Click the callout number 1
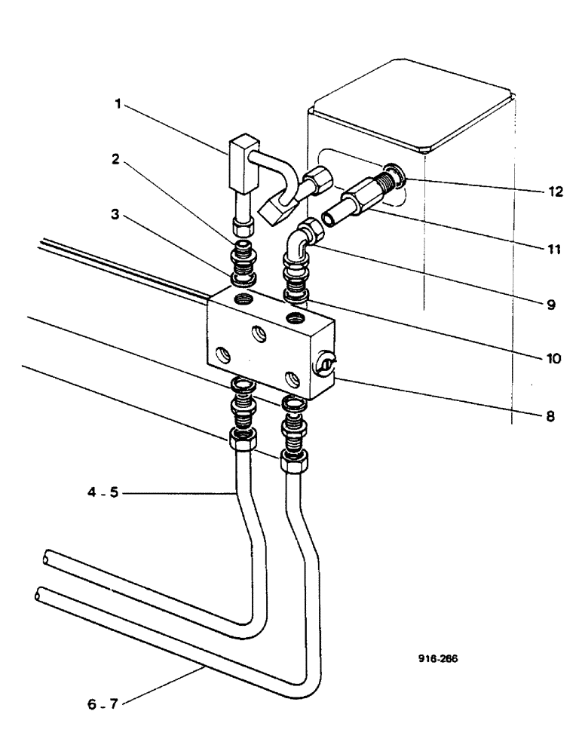click(x=118, y=105)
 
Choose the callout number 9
click(x=552, y=305)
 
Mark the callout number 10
click(x=555, y=360)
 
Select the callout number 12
click(x=555, y=192)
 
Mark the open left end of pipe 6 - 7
click(x=40, y=596)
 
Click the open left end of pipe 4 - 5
click(x=47, y=557)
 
